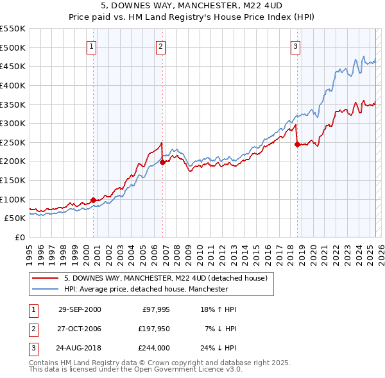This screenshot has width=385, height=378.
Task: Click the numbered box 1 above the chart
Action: click(x=92, y=46)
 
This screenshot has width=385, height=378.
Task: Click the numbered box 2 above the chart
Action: click(x=160, y=46)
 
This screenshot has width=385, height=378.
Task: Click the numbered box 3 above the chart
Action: click(x=295, y=46)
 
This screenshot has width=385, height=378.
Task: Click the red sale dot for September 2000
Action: click(x=94, y=200)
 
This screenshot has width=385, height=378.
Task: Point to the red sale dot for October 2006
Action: click(x=162, y=162)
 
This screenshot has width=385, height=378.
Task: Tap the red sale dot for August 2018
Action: click(x=297, y=145)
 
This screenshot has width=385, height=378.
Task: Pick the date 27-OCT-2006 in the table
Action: click(x=80, y=329)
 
